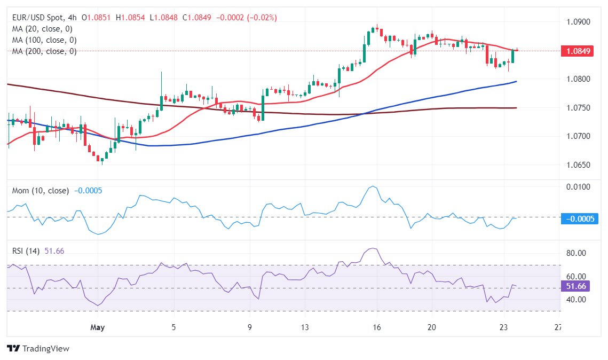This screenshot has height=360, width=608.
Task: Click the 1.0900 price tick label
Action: click(x=578, y=22)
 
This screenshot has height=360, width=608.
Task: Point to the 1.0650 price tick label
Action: click(x=578, y=165)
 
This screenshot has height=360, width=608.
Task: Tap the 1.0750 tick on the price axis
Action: click(x=578, y=107)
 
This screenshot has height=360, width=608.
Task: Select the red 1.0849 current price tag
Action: click(x=578, y=51)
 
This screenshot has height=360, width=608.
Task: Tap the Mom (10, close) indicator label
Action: click(x=41, y=191)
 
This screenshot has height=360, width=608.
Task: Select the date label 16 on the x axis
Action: click(x=377, y=327)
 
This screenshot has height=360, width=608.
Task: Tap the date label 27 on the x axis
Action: click(x=558, y=327)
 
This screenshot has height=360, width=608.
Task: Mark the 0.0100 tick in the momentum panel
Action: click(x=578, y=187)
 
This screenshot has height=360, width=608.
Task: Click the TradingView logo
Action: click(x=38, y=348)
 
